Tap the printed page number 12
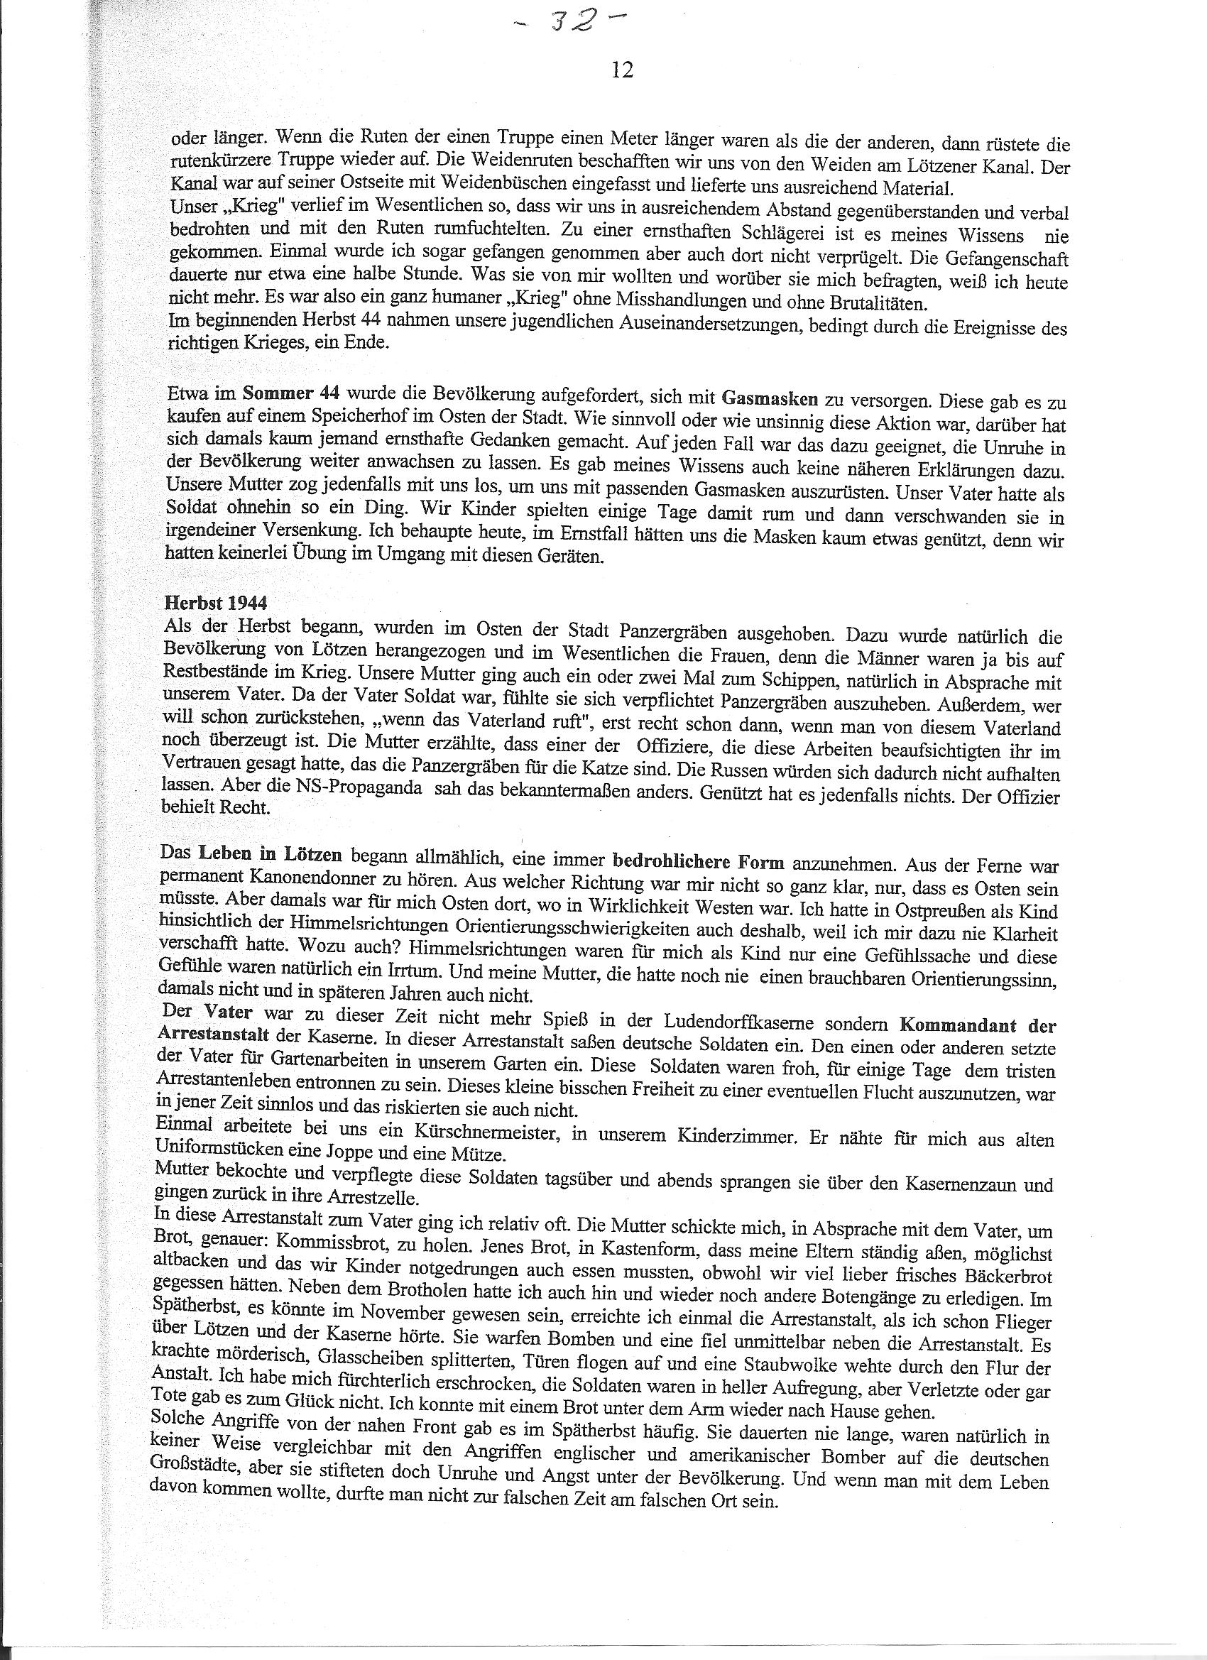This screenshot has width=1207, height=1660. tap(621, 70)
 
